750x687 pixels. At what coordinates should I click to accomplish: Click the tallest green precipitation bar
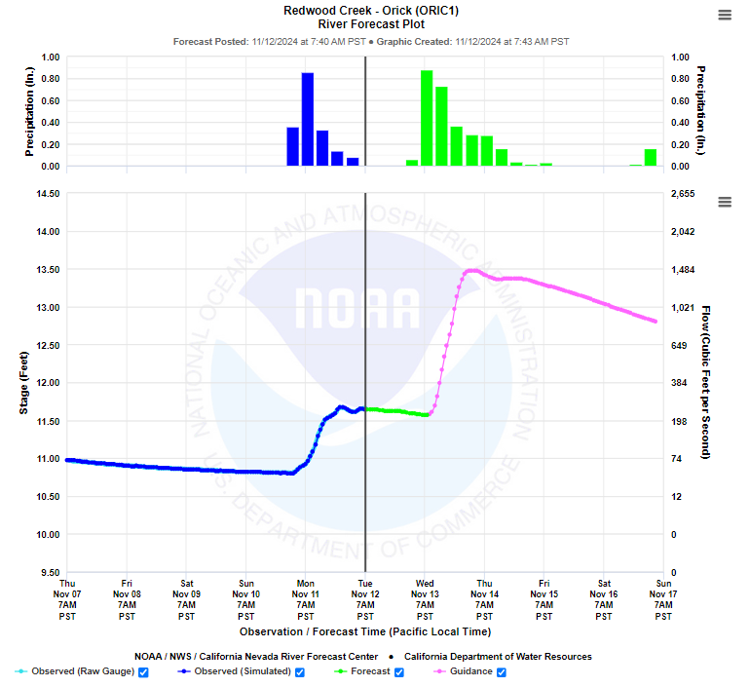click(427, 118)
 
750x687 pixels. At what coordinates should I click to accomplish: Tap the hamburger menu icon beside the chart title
click(724, 15)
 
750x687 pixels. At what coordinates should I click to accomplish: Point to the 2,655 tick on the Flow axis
click(683, 194)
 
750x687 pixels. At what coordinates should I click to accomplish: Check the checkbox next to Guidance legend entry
click(503, 671)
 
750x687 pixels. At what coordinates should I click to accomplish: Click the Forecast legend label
click(370, 671)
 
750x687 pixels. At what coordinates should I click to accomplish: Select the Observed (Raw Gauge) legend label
click(83, 671)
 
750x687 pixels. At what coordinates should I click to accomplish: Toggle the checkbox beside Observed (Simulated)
click(300, 671)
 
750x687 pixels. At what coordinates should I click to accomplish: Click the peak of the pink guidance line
click(470, 270)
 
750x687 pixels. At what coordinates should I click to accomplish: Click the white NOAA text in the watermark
click(356, 308)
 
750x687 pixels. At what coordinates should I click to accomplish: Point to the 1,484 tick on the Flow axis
click(683, 270)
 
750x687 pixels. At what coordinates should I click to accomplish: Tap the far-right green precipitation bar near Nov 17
click(650, 158)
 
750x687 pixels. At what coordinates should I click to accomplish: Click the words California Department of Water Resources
click(498, 656)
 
